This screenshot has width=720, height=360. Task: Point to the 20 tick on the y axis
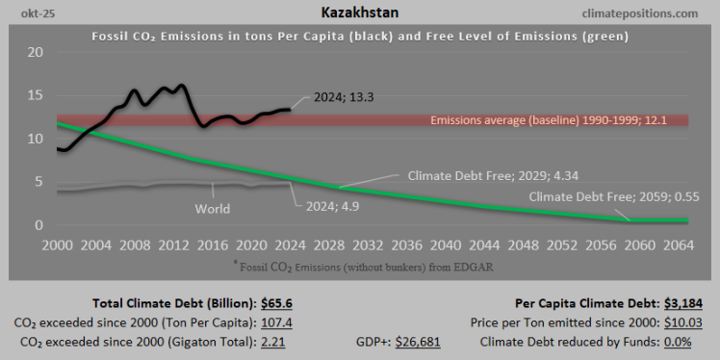tap(35, 52)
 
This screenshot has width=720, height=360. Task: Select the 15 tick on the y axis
tap(35, 95)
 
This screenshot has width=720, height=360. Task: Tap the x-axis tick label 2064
tap(671, 244)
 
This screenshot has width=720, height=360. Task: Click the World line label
tap(213, 208)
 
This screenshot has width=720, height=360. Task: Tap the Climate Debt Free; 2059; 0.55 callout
tap(617, 198)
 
